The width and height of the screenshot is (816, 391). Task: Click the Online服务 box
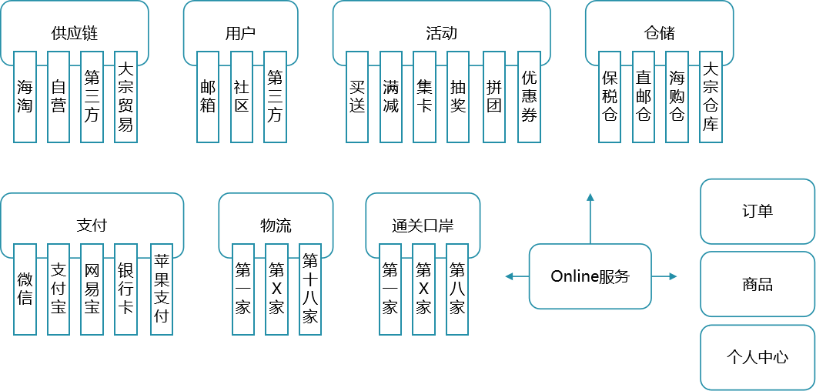click(590, 276)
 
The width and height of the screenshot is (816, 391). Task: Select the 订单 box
click(757, 211)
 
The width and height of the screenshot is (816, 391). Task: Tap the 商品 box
click(757, 284)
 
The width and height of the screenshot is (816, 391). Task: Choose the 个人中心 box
click(757, 357)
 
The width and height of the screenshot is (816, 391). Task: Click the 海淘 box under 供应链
click(25, 97)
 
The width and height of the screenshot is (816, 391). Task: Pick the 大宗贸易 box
click(125, 97)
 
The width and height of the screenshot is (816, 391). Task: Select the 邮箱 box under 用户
click(208, 97)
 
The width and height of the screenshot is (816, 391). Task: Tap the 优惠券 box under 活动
click(529, 97)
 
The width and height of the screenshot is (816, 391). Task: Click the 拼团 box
click(494, 97)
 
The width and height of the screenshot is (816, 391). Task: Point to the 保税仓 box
click(610, 97)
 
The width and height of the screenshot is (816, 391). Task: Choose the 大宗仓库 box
click(711, 97)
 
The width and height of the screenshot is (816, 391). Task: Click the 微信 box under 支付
click(25, 289)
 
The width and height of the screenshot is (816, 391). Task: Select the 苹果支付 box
click(162, 289)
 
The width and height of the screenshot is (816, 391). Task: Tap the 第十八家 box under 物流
click(310, 289)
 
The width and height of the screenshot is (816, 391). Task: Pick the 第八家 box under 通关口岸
click(457, 289)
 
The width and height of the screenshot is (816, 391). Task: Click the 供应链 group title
click(75, 33)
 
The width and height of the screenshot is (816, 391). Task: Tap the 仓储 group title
click(659, 33)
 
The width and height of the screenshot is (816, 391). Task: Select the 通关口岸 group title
click(423, 226)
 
